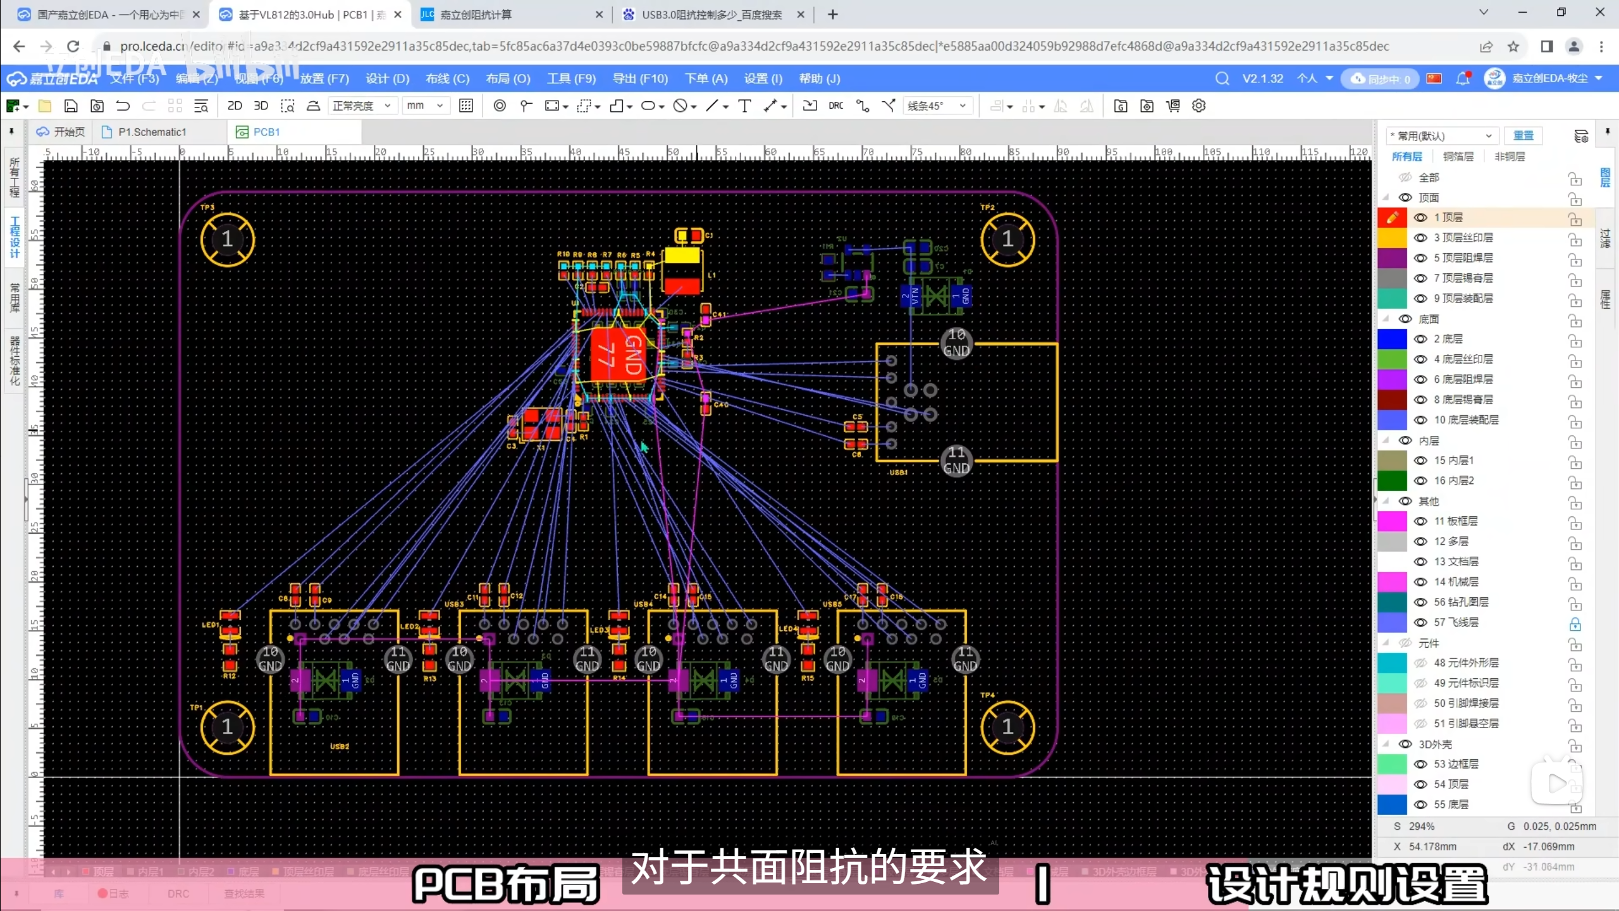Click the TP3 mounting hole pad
click(x=228, y=240)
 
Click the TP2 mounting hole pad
click(x=1007, y=240)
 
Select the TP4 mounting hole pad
click(x=1007, y=728)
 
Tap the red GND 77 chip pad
click(x=619, y=355)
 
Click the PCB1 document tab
click(x=266, y=132)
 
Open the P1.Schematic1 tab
click(x=152, y=132)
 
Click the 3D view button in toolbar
click(x=261, y=106)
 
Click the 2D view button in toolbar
click(x=235, y=106)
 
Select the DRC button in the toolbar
click(x=835, y=106)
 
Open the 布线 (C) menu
click(x=447, y=78)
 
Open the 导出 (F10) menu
click(x=640, y=78)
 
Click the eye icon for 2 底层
click(x=1420, y=339)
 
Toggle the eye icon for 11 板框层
click(x=1420, y=521)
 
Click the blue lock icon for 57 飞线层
click(x=1575, y=624)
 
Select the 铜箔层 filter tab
click(x=1458, y=156)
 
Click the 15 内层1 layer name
click(x=1454, y=461)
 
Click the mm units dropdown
click(x=425, y=106)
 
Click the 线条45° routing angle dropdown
click(x=937, y=106)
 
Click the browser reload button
click(x=73, y=46)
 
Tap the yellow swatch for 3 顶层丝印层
click(x=1392, y=238)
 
